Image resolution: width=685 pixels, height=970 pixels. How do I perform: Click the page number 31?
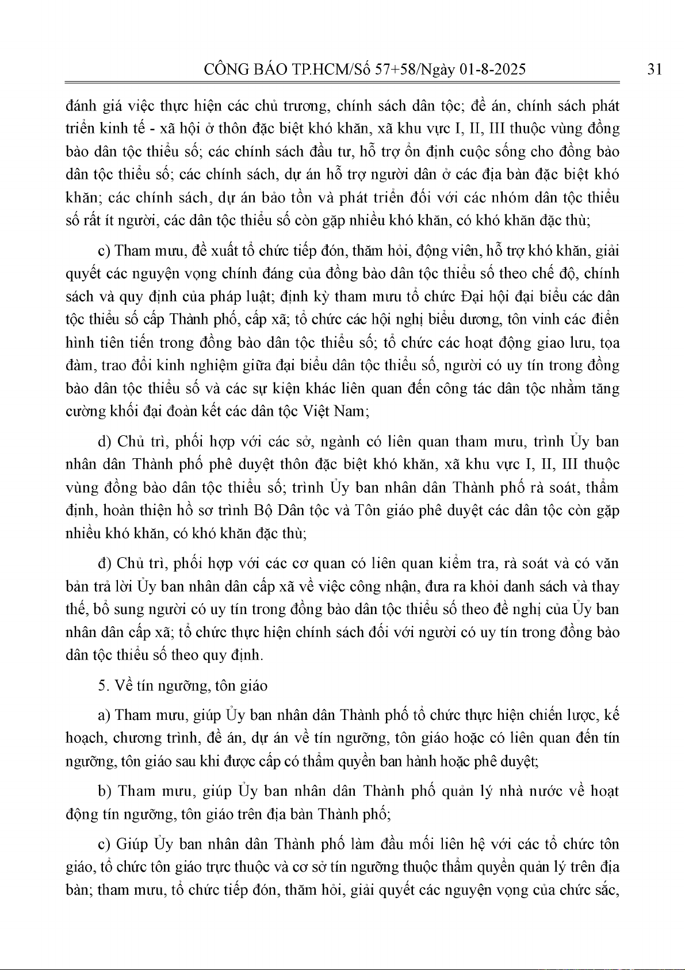(654, 70)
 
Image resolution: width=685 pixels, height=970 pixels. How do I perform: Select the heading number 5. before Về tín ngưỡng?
(104, 685)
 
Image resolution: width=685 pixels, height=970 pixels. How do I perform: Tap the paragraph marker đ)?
(105, 563)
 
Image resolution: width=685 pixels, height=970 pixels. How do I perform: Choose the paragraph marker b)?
(105, 791)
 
